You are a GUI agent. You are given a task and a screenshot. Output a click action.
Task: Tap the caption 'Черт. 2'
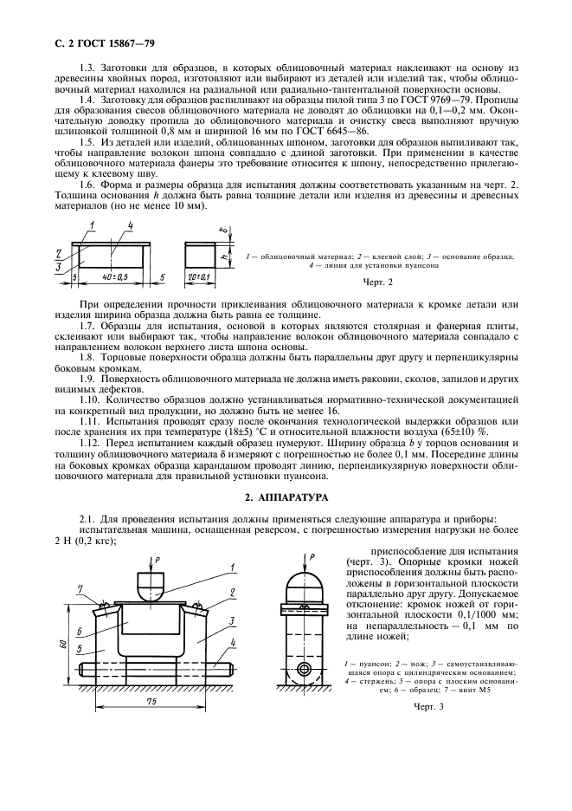pos(378,282)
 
